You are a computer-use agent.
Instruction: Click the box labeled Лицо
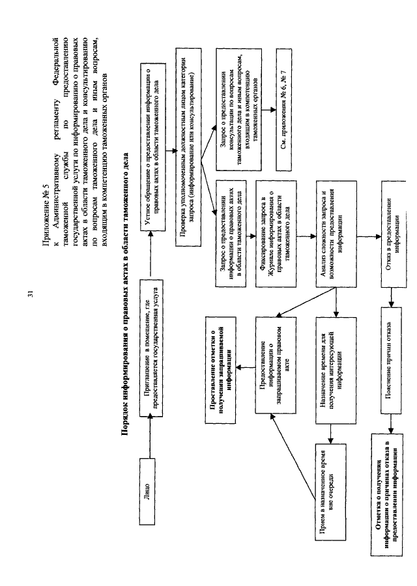click(149, 487)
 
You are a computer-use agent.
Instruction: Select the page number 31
click(30, 295)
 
